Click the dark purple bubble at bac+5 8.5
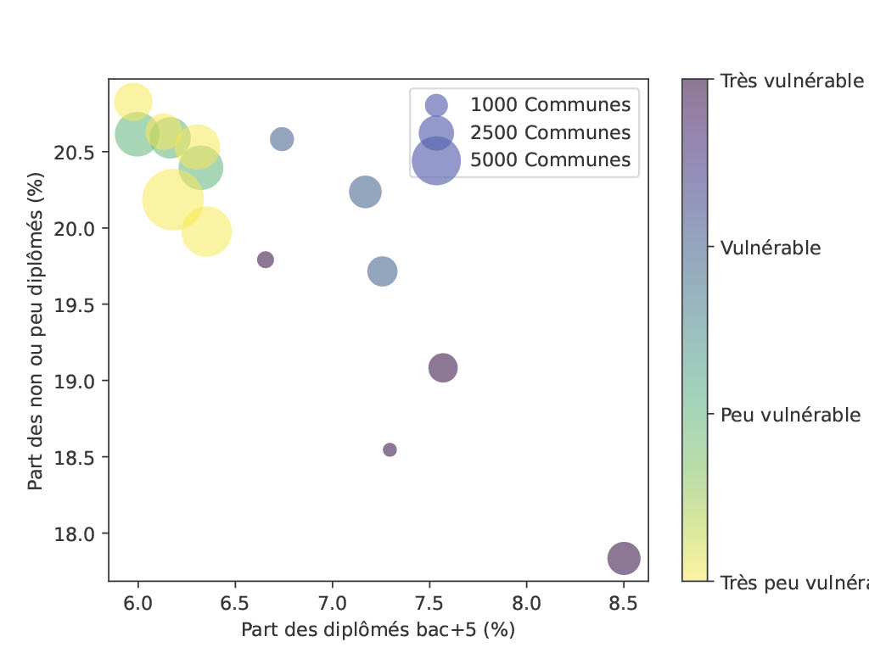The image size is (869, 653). pyautogui.click(x=624, y=558)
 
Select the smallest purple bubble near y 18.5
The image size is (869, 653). pyautogui.click(x=390, y=449)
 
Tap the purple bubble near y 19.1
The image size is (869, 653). pyautogui.click(x=443, y=367)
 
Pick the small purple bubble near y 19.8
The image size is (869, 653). pyautogui.click(x=266, y=260)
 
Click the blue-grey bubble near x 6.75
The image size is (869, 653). pyautogui.click(x=282, y=139)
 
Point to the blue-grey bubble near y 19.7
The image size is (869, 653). pyautogui.click(x=383, y=272)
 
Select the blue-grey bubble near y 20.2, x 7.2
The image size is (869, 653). pyautogui.click(x=365, y=192)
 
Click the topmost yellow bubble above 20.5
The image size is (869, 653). pyautogui.click(x=133, y=102)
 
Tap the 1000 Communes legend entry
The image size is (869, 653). pyautogui.click(x=550, y=105)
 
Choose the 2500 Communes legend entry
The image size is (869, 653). pyautogui.click(x=550, y=132)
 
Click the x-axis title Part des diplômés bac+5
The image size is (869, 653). pyautogui.click(x=378, y=630)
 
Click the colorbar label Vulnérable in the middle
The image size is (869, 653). pyautogui.click(x=771, y=248)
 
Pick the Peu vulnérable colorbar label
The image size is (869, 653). pyautogui.click(x=791, y=416)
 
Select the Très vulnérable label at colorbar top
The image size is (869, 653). pyautogui.click(x=792, y=81)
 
